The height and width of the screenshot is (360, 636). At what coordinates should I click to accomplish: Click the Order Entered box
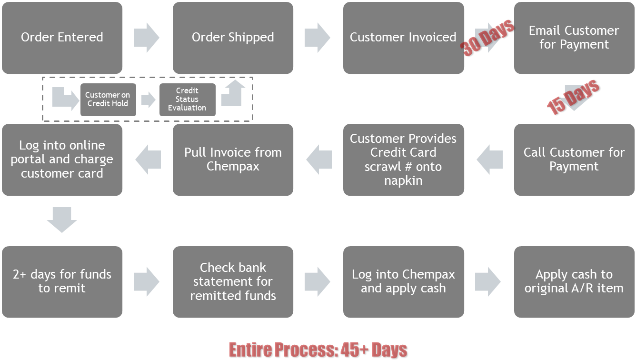click(62, 38)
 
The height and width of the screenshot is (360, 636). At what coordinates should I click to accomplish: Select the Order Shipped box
click(233, 38)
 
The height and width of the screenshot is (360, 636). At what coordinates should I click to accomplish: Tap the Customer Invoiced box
click(403, 38)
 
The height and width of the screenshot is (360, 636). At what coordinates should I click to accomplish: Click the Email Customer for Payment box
click(574, 38)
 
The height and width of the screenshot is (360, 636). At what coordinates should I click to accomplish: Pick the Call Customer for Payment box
click(574, 160)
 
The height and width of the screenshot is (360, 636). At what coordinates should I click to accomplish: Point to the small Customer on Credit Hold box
click(108, 100)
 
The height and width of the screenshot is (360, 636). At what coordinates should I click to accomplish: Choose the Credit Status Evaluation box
click(187, 100)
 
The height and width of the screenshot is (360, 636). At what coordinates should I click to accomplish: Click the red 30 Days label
click(487, 38)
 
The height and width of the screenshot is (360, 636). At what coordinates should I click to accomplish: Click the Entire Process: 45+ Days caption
click(318, 350)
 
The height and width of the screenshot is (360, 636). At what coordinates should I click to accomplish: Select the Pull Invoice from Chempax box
click(233, 160)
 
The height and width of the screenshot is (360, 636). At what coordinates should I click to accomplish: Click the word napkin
click(403, 181)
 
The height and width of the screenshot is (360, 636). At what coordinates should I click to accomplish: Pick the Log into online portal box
click(62, 160)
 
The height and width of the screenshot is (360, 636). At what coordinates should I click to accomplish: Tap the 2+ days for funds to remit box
click(62, 281)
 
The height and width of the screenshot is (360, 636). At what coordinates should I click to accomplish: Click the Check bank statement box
click(233, 281)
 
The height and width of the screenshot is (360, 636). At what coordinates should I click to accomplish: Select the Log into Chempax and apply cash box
click(403, 281)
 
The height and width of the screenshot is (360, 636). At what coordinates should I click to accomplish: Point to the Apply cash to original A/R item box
click(574, 281)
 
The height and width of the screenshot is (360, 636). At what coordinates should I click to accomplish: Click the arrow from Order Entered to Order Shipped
click(147, 38)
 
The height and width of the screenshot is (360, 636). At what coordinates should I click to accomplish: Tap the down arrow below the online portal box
click(62, 220)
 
